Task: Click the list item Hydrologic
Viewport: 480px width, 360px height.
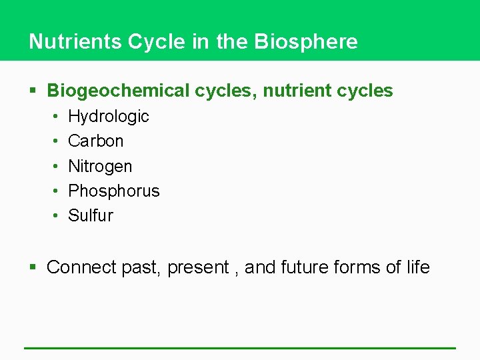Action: point(109,117)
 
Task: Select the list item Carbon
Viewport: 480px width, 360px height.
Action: point(96,141)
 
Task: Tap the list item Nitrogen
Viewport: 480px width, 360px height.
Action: point(100,166)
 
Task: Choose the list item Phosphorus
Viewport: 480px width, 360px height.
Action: point(114,191)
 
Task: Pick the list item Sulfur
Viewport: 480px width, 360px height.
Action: point(91,215)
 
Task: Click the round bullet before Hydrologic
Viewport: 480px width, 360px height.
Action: point(55,117)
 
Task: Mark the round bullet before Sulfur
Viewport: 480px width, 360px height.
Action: point(55,216)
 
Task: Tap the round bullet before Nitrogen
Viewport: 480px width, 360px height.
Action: point(55,167)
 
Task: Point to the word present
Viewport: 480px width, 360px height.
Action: point(198,268)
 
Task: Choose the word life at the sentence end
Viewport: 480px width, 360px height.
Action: point(417,267)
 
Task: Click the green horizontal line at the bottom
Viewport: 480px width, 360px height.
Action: point(240,347)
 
